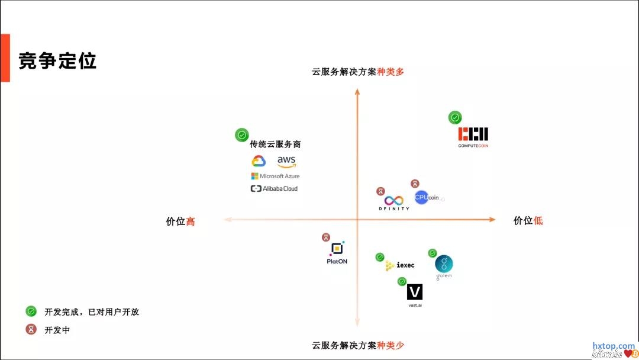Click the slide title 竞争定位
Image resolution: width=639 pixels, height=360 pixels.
(x=57, y=61)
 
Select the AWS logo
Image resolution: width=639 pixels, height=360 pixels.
(x=286, y=162)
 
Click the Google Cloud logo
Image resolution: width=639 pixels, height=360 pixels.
(x=259, y=161)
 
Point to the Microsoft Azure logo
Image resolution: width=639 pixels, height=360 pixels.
(x=275, y=176)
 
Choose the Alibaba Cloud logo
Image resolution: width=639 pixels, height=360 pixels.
(x=274, y=189)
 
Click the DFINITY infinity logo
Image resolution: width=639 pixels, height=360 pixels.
(x=393, y=201)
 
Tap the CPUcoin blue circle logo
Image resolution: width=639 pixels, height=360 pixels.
(x=421, y=198)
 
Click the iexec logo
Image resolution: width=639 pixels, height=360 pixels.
(x=400, y=266)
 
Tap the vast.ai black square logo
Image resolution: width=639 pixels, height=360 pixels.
(x=415, y=292)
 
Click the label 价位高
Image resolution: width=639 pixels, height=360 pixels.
(x=180, y=221)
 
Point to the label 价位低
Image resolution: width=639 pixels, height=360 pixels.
(x=528, y=221)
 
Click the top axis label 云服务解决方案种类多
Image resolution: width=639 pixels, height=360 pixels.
(x=358, y=72)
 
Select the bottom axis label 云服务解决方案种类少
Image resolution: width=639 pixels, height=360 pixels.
(x=358, y=345)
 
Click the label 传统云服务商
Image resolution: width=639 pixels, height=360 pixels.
(x=271, y=144)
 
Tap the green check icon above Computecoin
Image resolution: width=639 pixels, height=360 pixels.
(x=455, y=117)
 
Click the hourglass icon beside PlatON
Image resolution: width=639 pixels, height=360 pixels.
(x=326, y=237)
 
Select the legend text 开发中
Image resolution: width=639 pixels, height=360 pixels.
(x=57, y=330)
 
